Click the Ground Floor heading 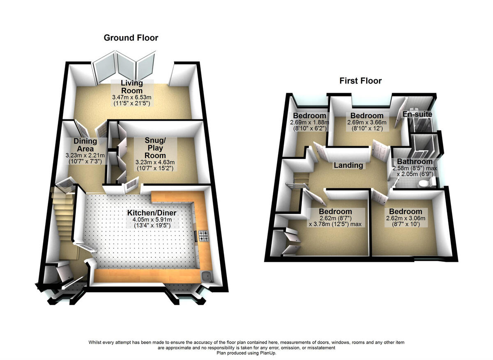[x=131, y=38]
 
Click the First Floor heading [x=360, y=81]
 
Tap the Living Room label [x=131, y=87]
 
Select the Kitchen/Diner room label [x=152, y=213]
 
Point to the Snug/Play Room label [x=154, y=148]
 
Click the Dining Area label [x=85, y=145]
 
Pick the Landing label [x=348, y=165]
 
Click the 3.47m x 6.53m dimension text [x=132, y=97]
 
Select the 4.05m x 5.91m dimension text [x=152, y=220]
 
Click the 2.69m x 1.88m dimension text [x=309, y=122]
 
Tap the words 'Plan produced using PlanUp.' [x=246, y=353]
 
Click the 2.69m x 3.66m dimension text [x=364, y=122]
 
